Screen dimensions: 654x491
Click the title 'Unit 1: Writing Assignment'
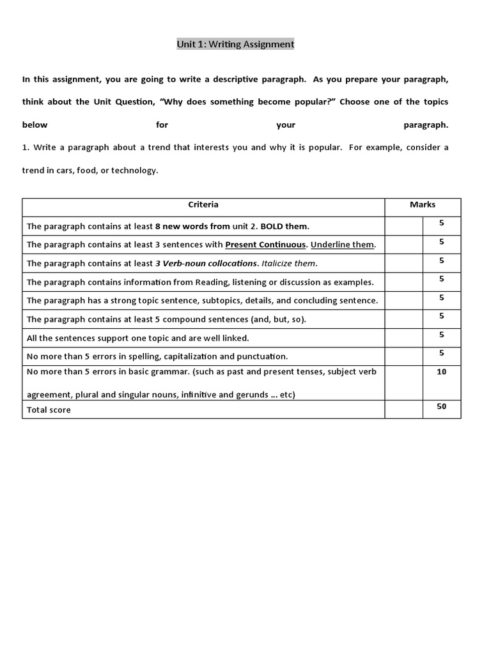click(x=235, y=44)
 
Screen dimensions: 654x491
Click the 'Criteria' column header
click(x=203, y=204)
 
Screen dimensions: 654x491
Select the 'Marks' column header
click(x=422, y=204)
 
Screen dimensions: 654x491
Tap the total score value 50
click(x=441, y=407)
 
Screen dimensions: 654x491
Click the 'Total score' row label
click(x=49, y=410)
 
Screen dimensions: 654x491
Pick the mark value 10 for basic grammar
click(x=441, y=372)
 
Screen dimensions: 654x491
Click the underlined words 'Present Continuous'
click(x=265, y=245)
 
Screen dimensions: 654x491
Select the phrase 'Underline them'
click(x=342, y=245)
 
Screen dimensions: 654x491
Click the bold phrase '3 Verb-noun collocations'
click(x=206, y=263)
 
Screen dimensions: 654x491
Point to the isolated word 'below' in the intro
click(x=35, y=125)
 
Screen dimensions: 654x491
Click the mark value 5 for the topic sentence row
click(x=441, y=297)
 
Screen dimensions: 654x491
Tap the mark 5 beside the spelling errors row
click(x=441, y=353)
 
